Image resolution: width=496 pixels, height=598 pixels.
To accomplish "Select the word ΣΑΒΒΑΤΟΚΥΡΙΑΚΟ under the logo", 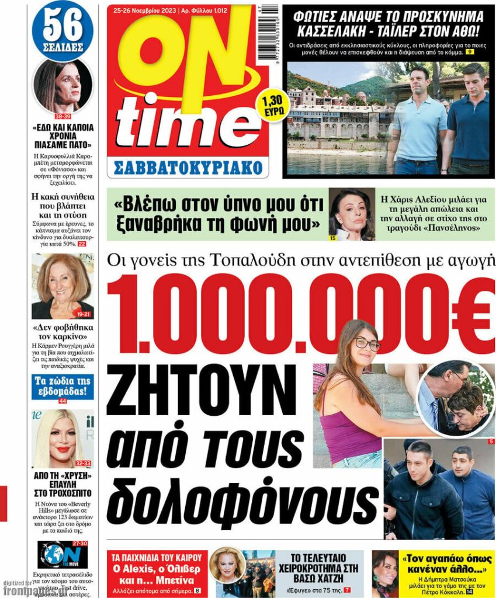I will tap(187, 167).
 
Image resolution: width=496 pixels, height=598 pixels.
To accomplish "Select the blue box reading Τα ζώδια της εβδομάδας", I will tap(63, 387).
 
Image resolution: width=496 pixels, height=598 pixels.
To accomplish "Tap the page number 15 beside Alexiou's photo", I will tap(333, 238).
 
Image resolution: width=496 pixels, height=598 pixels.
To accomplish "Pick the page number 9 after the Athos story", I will tap(469, 53).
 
